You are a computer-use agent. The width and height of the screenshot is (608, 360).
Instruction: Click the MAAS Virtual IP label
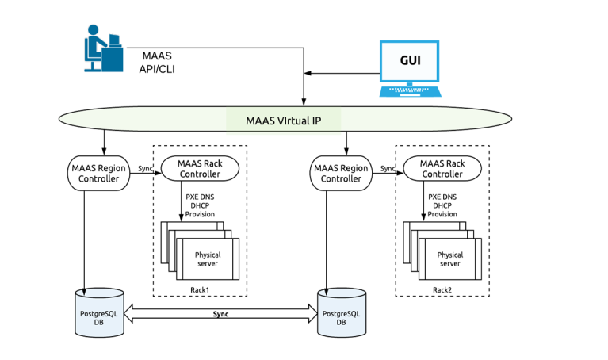point(283,121)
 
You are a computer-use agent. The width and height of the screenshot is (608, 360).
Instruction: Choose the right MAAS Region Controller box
point(341,173)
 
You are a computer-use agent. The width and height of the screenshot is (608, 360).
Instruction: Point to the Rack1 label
point(199,289)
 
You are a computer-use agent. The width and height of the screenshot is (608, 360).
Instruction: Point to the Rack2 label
point(442,289)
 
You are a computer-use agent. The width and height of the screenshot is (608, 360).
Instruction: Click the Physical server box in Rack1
point(208,259)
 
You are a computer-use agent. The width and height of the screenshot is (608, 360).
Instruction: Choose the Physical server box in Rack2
point(449,259)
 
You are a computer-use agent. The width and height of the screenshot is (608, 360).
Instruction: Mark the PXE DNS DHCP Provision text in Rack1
point(200,205)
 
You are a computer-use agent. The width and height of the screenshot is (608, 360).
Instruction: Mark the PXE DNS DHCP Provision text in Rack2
point(442,205)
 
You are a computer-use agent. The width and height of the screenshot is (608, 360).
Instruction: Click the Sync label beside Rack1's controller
point(144,168)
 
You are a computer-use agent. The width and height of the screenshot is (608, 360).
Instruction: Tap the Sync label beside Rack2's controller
point(388,168)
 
